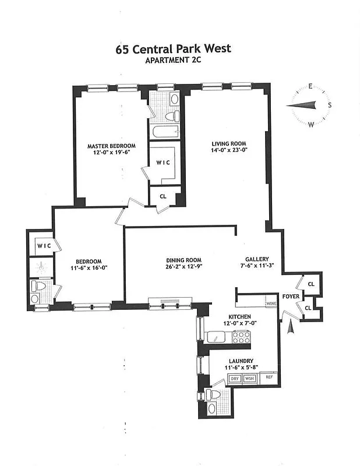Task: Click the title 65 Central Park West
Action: point(173,48)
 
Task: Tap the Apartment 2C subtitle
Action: point(173,60)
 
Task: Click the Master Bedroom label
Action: point(111,146)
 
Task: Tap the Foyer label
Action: point(291,296)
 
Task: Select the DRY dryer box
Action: point(234,379)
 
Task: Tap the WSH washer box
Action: point(249,379)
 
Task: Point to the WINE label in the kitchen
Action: point(271,303)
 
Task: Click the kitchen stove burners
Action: point(241,337)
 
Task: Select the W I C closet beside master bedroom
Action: point(163,162)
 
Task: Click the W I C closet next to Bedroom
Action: point(44,246)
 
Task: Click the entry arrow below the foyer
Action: point(291,329)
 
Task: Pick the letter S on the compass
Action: point(330,105)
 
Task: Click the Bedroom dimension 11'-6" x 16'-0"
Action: point(89,267)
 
